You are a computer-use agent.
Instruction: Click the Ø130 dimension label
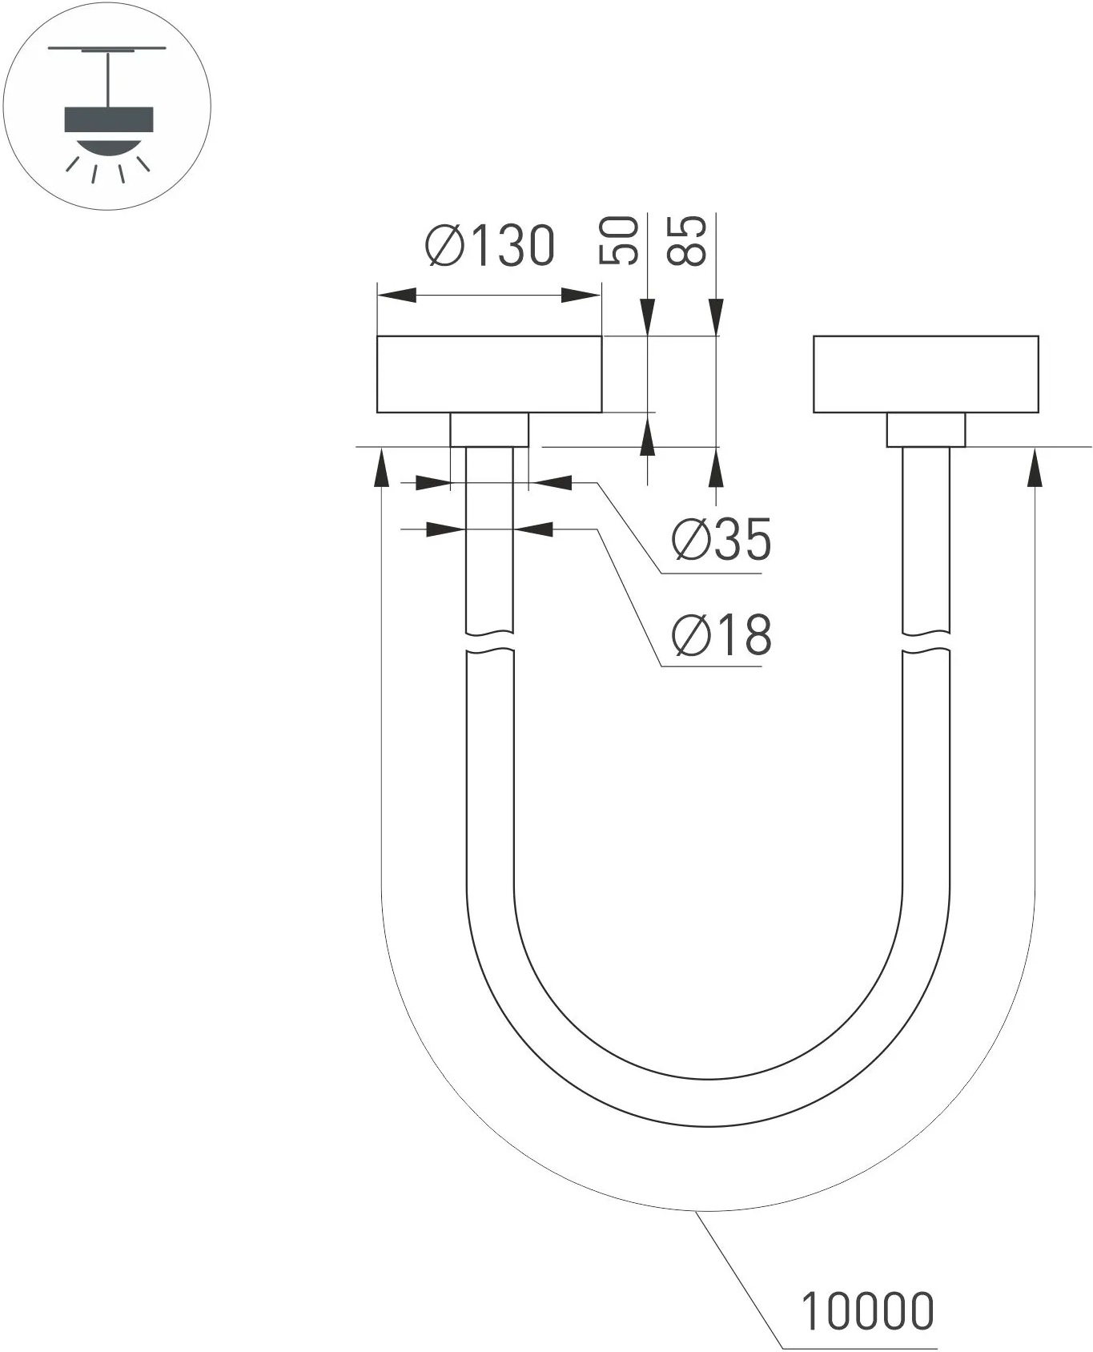[490, 245]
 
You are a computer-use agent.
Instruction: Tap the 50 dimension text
[620, 240]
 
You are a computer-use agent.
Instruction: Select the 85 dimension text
[687, 240]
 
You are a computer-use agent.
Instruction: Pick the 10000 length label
[868, 1311]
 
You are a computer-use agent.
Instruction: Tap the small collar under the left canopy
[489, 430]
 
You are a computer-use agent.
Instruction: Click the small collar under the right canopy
[926, 430]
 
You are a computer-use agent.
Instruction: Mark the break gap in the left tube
[489, 642]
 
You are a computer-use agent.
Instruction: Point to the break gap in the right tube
[926, 642]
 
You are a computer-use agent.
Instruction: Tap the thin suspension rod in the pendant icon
[107, 78]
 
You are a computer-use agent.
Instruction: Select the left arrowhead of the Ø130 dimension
[397, 296]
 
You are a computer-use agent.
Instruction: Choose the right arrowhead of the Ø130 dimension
[581, 296]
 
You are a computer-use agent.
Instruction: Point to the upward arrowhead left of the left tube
[383, 466]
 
